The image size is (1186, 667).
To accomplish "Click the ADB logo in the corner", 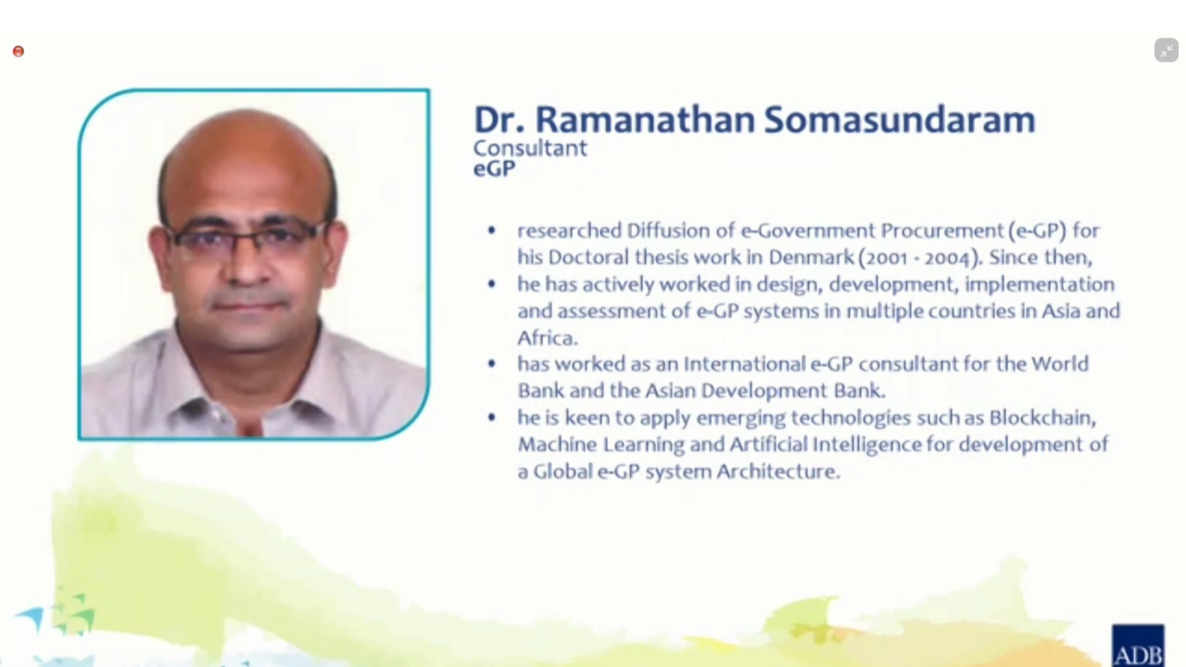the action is click(1138, 646).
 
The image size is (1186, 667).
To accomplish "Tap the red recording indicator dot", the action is click(19, 51).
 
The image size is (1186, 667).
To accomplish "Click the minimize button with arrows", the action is click(1167, 50).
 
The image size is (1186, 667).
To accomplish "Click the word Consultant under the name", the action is click(530, 148).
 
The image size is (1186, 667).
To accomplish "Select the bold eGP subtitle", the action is click(494, 169).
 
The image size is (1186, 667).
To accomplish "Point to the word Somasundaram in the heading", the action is click(900, 120).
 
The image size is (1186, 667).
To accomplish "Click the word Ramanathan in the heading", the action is click(645, 120).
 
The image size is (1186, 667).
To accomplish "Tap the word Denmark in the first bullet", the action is click(811, 258).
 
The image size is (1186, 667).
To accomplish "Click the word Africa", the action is click(547, 338).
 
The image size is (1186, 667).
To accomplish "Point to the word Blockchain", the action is click(1042, 418).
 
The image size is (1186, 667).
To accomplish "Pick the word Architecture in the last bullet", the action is click(777, 472).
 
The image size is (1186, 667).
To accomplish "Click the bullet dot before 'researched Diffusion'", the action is click(491, 231).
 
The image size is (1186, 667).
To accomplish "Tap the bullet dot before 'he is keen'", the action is click(491, 418).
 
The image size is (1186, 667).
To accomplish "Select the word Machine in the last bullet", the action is click(557, 444).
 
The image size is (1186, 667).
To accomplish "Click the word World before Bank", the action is click(1059, 364).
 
